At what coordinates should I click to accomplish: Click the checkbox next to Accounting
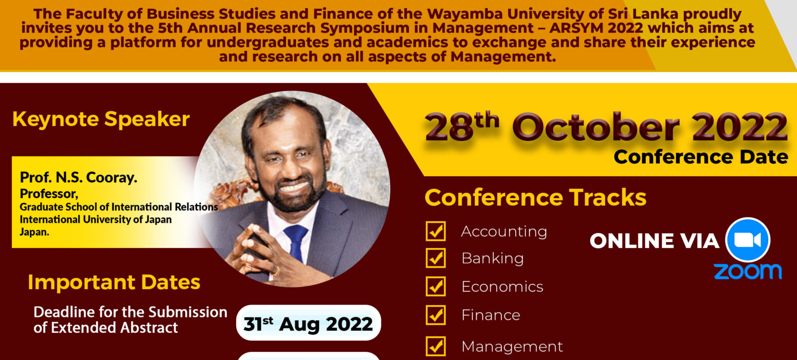[x=436, y=231]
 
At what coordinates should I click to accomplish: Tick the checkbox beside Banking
[x=436, y=258]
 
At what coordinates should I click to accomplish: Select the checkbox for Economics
[x=436, y=286]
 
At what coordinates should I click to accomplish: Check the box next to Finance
[x=436, y=315]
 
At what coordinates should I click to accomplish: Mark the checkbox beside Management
[x=436, y=346]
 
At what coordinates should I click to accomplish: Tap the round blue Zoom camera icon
[x=748, y=240]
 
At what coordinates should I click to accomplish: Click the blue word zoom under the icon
[x=748, y=272]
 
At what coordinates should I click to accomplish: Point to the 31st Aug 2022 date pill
[x=309, y=323]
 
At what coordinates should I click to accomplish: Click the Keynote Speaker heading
[x=101, y=119]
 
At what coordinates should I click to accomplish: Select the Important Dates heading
[x=114, y=282]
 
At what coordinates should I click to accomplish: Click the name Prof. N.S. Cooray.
[x=78, y=177]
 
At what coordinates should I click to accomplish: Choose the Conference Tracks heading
[x=535, y=197]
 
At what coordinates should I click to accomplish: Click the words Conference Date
[x=701, y=157]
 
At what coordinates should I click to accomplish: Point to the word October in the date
[x=596, y=128]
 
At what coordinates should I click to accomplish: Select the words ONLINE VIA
[x=655, y=241]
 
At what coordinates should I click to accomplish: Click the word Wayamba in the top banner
[x=465, y=14]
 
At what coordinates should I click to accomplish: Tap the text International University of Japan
[x=96, y=220]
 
